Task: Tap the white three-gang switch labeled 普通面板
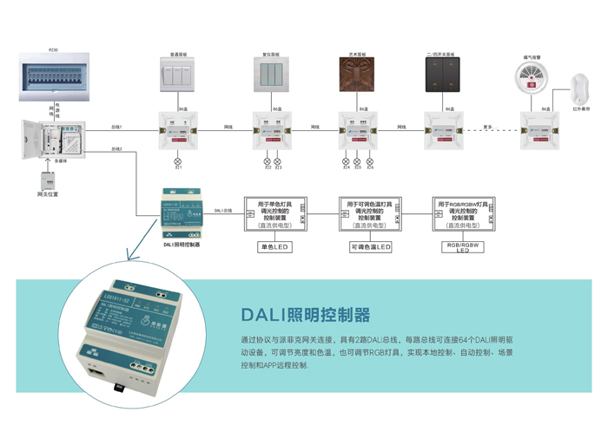point(177,75)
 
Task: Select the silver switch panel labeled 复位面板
point(274,75)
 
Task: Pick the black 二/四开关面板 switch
point(442,75)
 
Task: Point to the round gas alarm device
point(533,80)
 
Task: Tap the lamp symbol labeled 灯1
point(179,162)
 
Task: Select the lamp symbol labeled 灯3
point(278,162)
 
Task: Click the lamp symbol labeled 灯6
point(370,162)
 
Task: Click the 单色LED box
point(274,247)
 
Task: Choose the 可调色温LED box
point(370,247)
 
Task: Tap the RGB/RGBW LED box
point(463,247)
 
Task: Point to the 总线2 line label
point(116,149)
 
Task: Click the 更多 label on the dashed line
point(488,127)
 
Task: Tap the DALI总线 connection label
point(222,211)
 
